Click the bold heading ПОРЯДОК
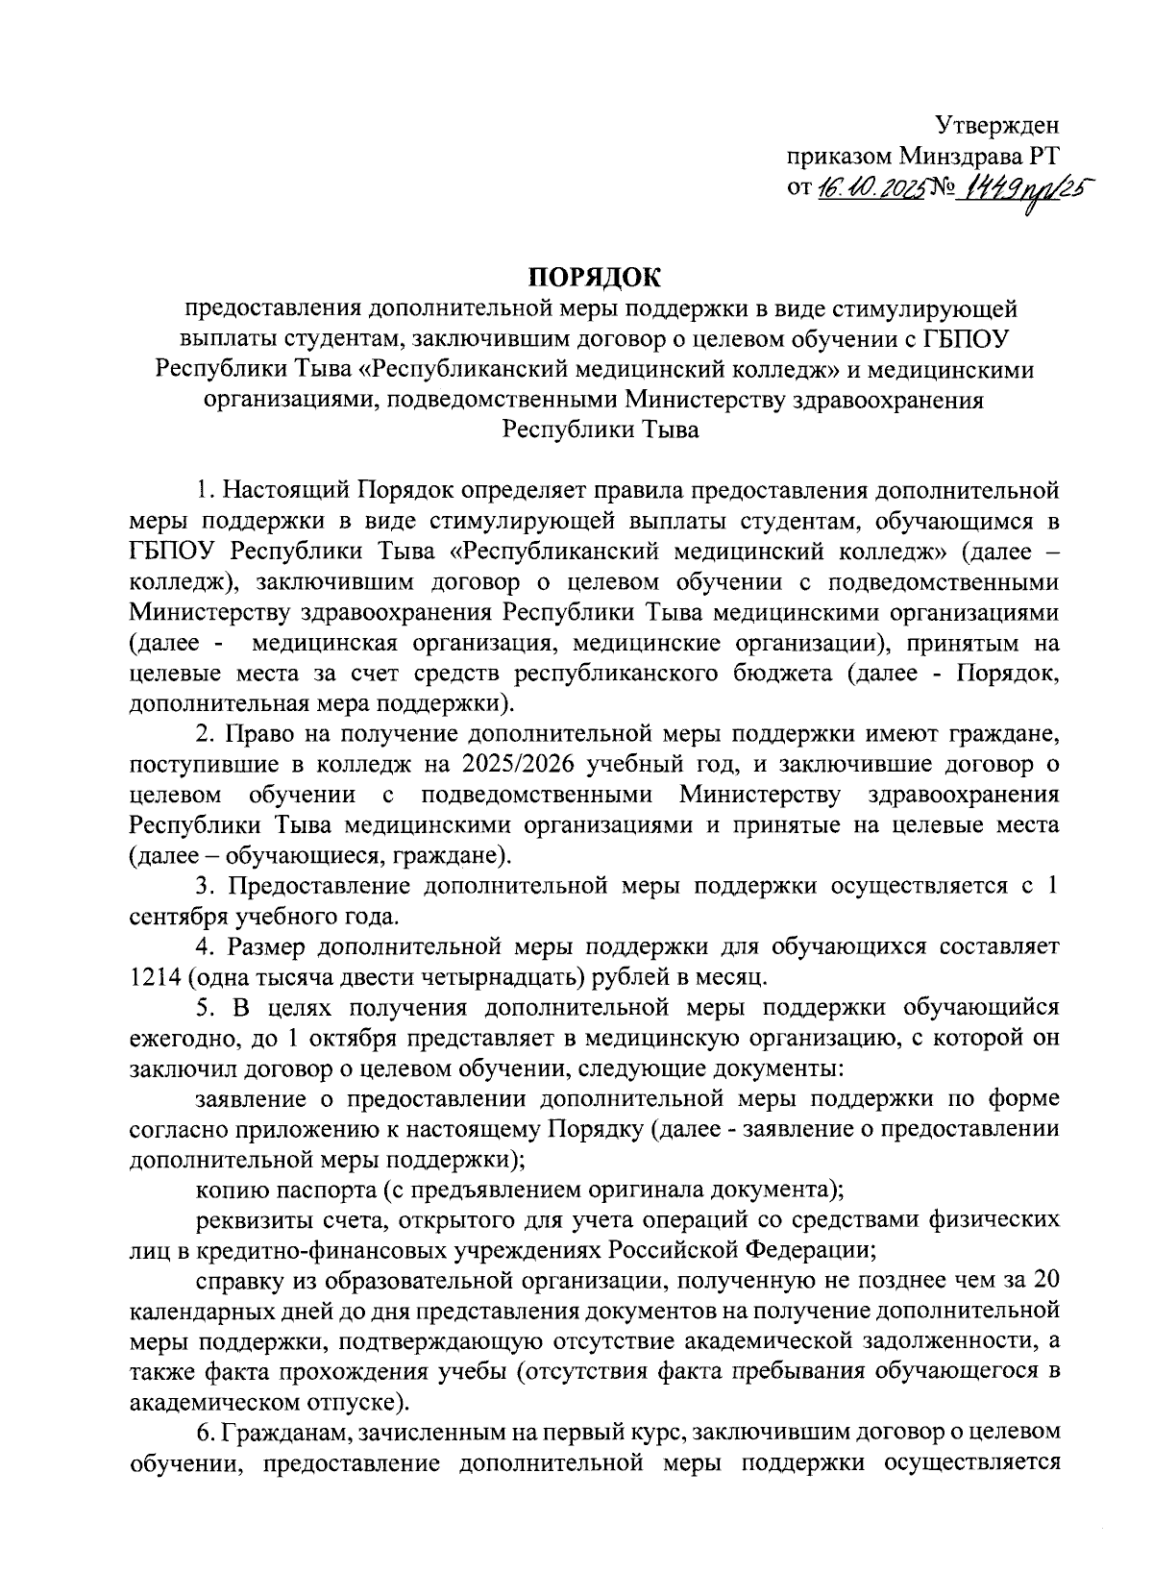[x=596, y=279]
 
